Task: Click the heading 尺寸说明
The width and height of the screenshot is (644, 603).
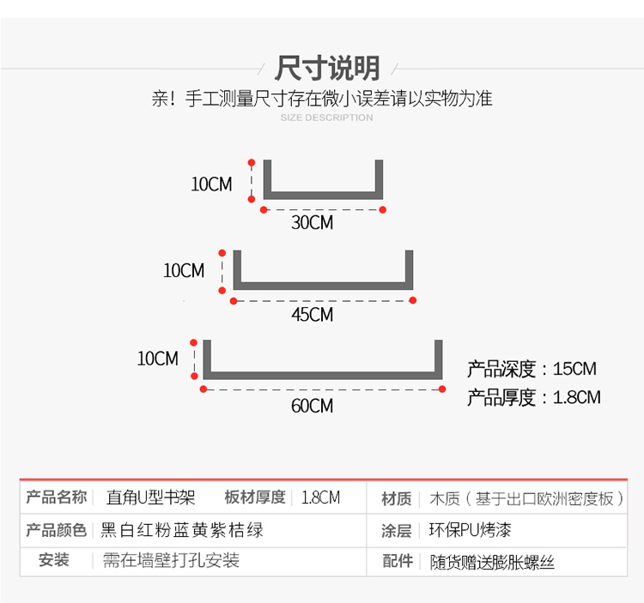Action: (327, 68)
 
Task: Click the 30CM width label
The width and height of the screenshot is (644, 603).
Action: (312, 223)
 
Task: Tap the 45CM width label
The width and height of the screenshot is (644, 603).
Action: (312, 315)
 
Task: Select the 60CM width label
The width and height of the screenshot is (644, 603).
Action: (312, 406)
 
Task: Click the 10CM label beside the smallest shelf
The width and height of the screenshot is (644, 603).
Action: (211, 184)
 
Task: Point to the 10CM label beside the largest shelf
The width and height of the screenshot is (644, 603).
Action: (158, 359)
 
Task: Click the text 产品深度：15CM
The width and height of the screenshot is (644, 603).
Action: (532, 370)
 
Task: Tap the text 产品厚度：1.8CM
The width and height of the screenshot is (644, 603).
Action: (533, 397)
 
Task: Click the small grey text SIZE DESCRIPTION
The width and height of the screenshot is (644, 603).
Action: (327, 118)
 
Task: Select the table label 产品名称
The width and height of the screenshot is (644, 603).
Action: (56, 497)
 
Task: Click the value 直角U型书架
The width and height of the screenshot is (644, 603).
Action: (150, 497)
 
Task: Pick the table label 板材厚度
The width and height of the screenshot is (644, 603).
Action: (255, 497)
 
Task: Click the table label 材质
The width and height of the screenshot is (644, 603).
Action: (397, 498)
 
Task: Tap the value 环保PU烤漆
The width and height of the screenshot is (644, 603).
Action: (471, 530)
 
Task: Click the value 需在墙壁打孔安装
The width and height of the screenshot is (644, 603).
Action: (171, 561)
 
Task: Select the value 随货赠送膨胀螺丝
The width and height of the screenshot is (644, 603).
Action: (492, 563)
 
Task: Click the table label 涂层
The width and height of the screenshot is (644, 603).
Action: (397, 531)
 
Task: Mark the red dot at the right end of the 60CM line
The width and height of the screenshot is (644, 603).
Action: (442, 389)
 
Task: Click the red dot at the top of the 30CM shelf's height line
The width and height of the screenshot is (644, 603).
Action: (252, 161)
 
